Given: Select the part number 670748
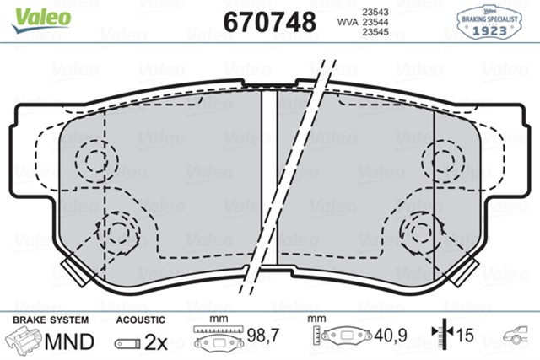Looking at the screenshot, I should [269, 20].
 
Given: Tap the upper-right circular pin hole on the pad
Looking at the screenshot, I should [444, 158].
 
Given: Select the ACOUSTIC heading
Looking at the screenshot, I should [139, 321].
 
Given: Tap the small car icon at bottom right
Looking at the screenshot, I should [516, 337].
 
